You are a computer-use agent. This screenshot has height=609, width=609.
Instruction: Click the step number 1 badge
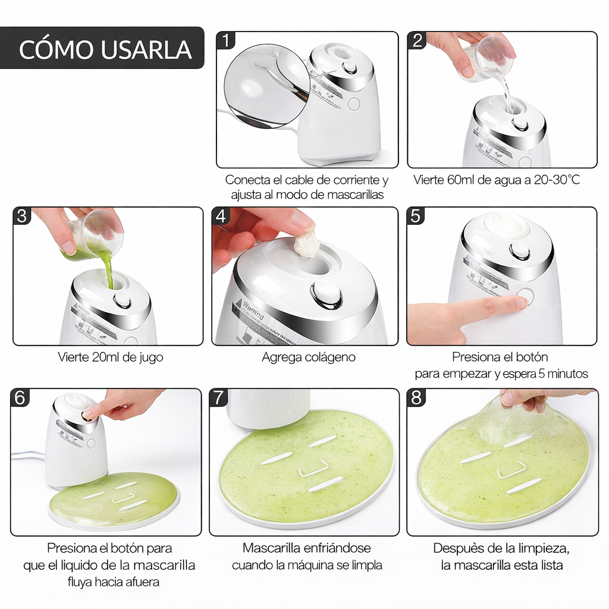click(x=226, y=40)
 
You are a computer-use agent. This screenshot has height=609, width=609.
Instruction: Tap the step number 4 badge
click(x=221, y=216)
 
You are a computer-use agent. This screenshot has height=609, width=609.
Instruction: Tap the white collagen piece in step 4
click(x=306, y=244)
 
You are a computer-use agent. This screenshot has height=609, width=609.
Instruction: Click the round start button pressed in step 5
click(x=525, y=296)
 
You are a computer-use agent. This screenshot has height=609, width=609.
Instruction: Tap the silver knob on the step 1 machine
click(x=349, y=68)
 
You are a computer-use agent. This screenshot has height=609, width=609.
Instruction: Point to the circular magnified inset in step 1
click(x=267, y=84)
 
